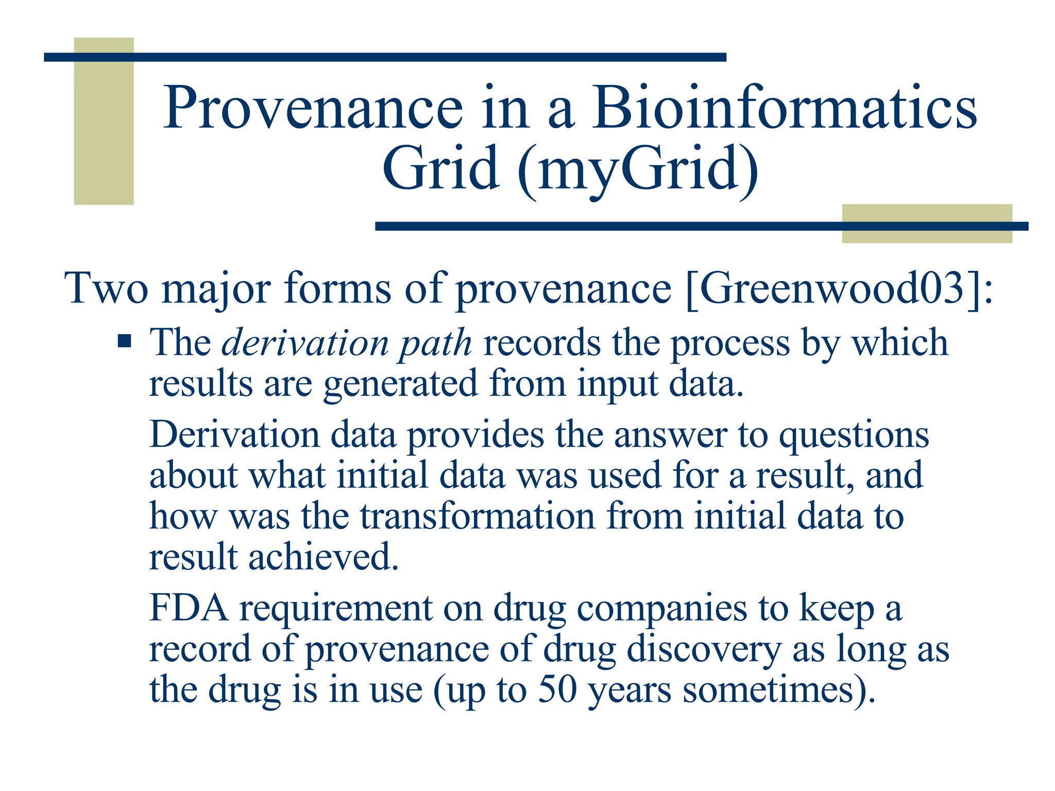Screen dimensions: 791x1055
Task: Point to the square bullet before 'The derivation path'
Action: click(x=124, y=341)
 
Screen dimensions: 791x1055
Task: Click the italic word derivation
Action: click(x=304, y=343)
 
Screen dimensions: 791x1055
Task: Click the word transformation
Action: click(x=477, y=517)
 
